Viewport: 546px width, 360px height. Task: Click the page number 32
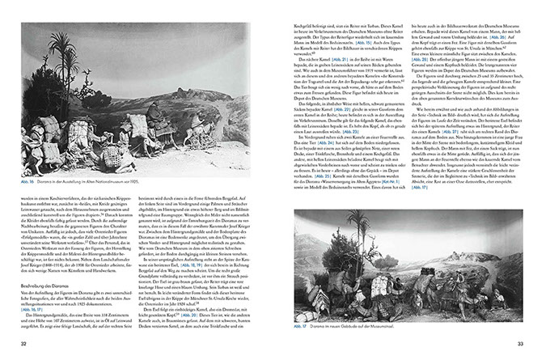tap(23, 345)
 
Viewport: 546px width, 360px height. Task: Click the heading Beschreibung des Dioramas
tap(51, 285)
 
